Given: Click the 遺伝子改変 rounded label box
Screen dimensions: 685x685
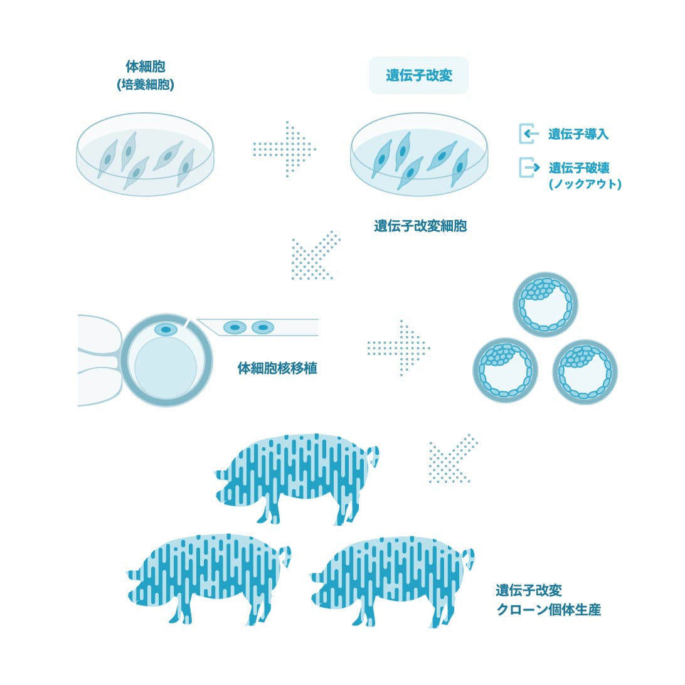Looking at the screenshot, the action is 418,75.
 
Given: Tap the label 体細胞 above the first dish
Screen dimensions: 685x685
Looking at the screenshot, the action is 146,66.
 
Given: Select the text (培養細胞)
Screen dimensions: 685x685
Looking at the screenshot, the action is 146,84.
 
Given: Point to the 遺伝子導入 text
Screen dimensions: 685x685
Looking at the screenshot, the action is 578,134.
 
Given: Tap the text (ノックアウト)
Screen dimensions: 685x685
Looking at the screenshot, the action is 585,184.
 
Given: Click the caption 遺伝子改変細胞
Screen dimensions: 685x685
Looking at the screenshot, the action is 420,226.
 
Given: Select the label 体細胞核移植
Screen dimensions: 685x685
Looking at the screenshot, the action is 277,368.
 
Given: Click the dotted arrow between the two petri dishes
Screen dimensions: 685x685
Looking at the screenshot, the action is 284,149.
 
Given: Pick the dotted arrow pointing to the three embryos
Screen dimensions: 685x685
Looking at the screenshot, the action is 398,348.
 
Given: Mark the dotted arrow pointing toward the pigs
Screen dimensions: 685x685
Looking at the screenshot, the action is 453,459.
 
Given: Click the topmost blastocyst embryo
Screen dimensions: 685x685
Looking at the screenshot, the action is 545,305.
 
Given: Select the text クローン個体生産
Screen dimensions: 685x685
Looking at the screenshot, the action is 549,610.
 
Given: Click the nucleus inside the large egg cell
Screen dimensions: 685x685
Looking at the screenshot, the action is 166,329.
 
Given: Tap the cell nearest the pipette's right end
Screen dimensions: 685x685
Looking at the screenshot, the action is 263,327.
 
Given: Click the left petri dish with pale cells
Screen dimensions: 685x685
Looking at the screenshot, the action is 146,154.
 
